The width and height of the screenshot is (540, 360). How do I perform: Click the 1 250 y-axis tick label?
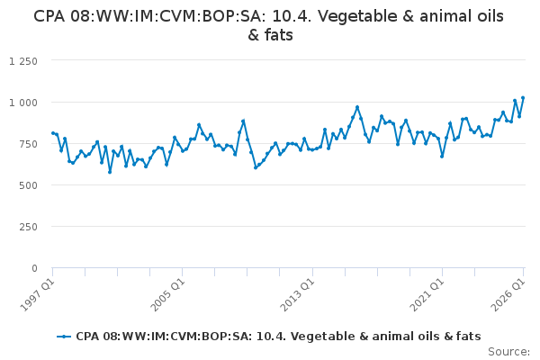click(23, 61)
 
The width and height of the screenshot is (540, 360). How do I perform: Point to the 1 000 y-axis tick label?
click(23, 103)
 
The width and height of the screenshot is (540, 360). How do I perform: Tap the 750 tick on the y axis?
click(28, 144)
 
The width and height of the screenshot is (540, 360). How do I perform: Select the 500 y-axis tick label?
click(28, 185)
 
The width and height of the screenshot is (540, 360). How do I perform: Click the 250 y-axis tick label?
click(28, 227)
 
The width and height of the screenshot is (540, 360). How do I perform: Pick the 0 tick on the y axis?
click(34, 268)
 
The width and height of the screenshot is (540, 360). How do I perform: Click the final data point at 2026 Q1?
click(523, 98)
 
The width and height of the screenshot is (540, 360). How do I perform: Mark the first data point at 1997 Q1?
click(53, 133)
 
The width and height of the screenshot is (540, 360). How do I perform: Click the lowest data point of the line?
click(110, 172)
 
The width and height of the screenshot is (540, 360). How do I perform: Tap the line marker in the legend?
click(64, 337)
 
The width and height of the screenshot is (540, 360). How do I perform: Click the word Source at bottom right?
click(508, 352)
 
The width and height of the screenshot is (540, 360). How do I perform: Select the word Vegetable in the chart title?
click(357, 16)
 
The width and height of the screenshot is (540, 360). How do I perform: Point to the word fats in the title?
click(279, 35)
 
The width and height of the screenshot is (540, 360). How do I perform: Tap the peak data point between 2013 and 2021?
click(357, 107)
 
